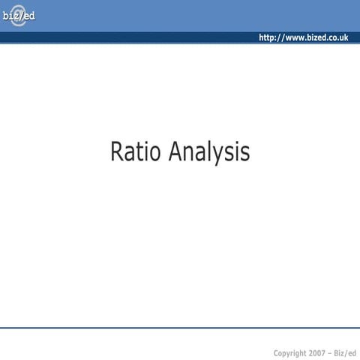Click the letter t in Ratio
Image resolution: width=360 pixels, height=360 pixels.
(x=139, y=151)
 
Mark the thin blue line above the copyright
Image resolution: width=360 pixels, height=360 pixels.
(x=180, y=328)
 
